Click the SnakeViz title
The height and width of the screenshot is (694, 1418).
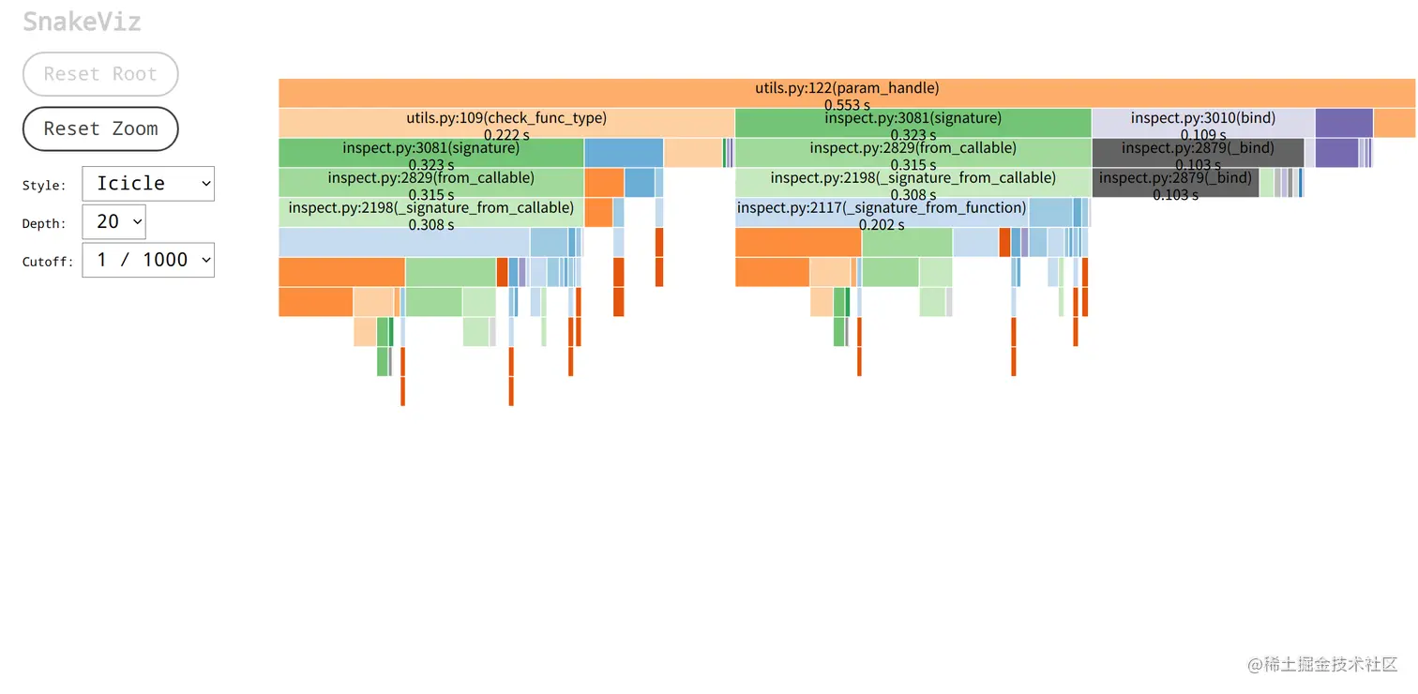pos(82,22)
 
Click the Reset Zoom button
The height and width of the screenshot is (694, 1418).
pos(100,129)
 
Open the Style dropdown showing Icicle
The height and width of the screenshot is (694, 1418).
pos(148,184)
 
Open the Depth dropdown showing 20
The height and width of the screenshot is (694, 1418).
pos(113,222)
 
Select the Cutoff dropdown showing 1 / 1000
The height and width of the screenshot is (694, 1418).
pos(148,260)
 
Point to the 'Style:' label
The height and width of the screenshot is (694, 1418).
pos(44,186)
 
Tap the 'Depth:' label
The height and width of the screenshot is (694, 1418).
pos(44,224)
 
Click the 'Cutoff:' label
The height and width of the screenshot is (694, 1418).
pos(48,262)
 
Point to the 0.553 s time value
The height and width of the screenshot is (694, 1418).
pos(847,105)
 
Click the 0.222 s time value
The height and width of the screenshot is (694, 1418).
pos(506,135)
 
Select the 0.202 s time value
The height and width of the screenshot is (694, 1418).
pos(882,225)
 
